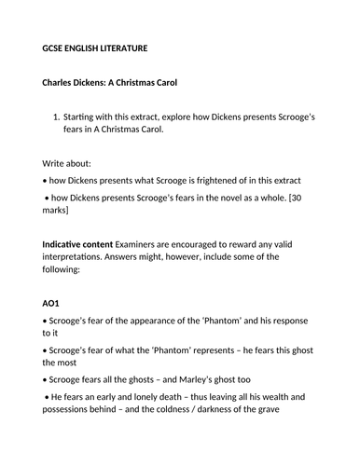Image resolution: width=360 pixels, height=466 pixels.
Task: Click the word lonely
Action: pos(145,407)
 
